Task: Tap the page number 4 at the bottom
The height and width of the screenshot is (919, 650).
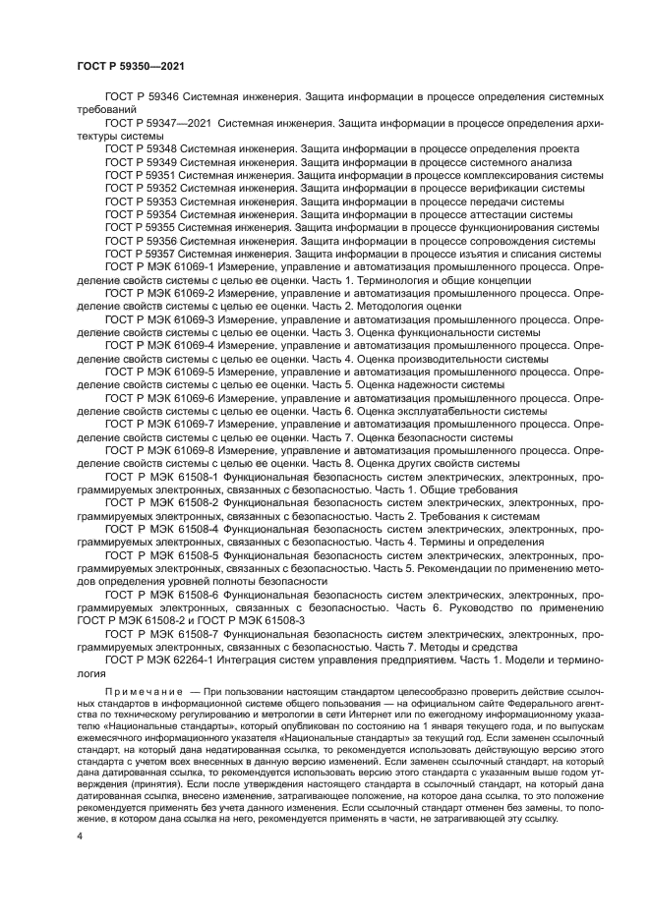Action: click(x=81, y=835)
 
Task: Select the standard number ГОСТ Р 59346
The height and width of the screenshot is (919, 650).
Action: click(x=142, y=97)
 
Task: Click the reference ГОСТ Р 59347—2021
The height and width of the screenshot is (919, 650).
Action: click(x=155, y=124)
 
